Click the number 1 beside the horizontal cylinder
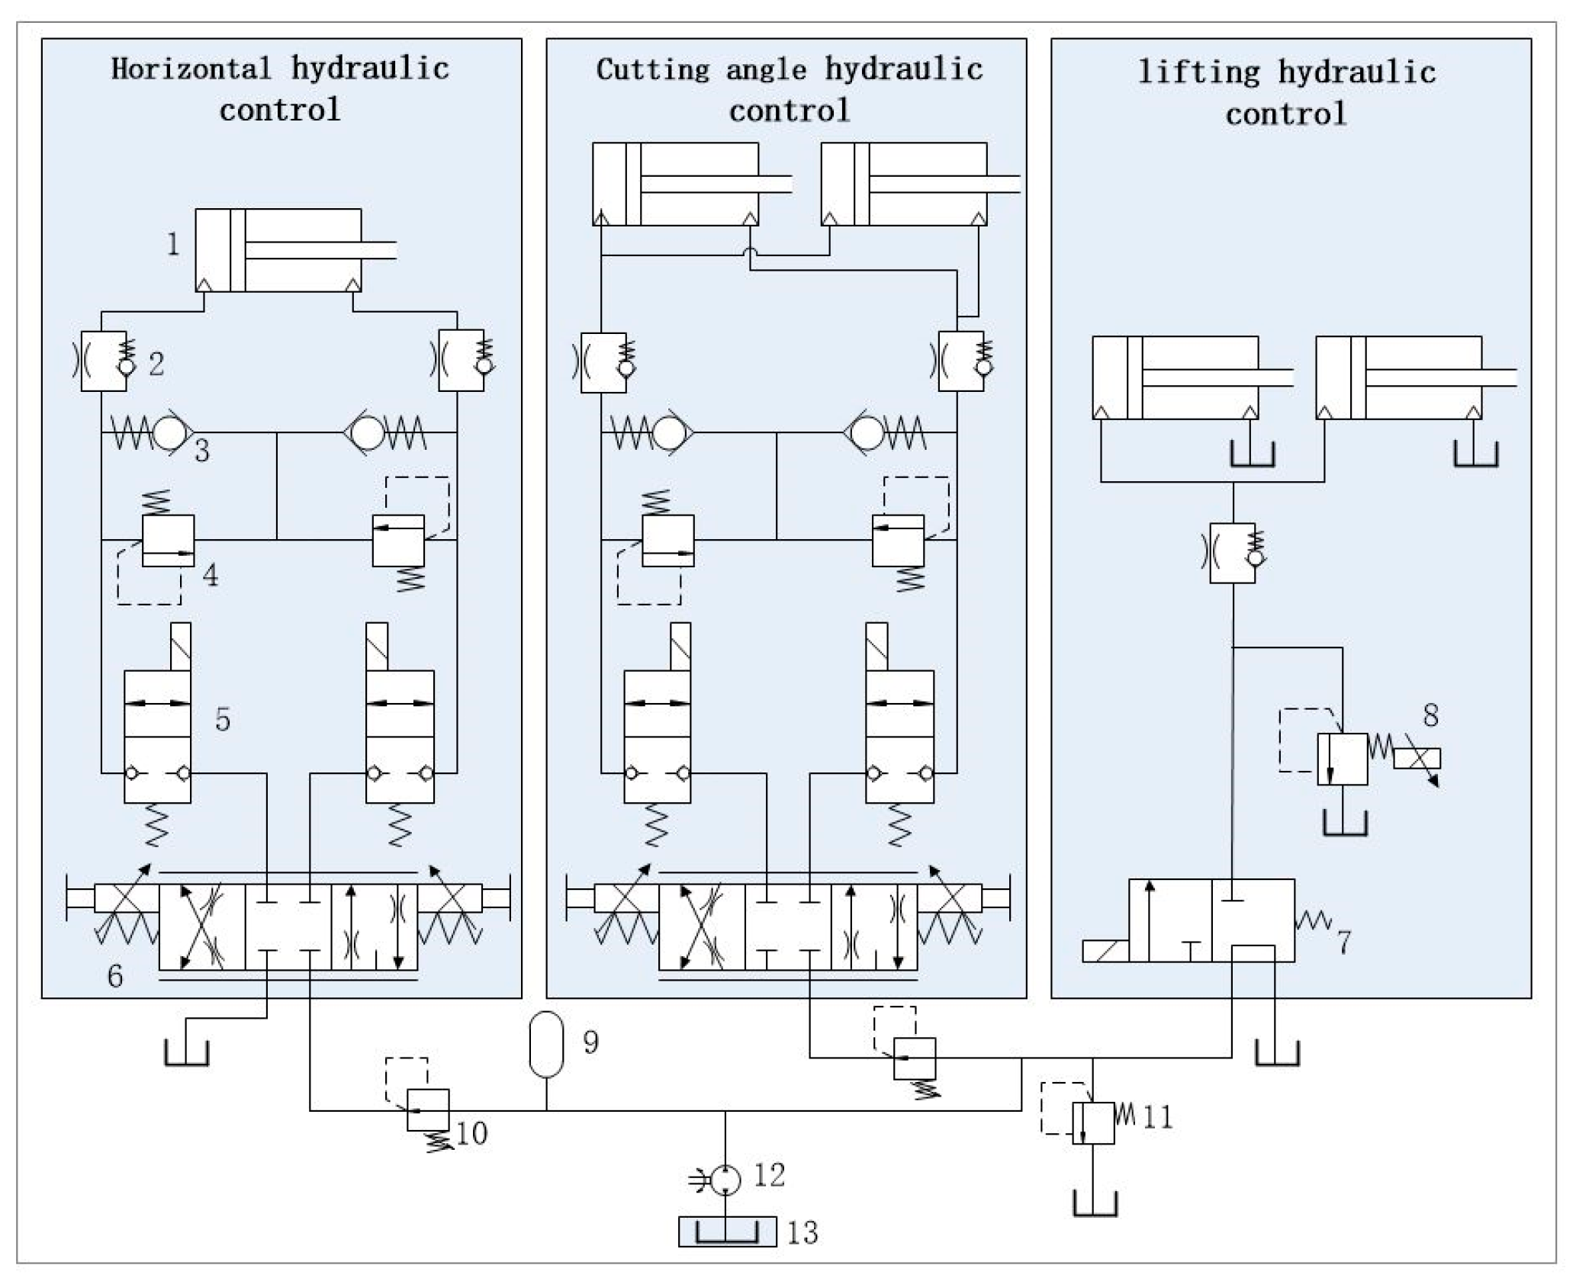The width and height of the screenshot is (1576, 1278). [x=174, y=245]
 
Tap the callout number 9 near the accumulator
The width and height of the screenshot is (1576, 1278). [x=590, y=1042]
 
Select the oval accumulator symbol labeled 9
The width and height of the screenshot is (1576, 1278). [x=546, y=1044]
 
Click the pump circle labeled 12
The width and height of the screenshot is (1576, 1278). [x=725, y=1180]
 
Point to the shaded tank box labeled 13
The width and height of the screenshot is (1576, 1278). [x=727, y=1231]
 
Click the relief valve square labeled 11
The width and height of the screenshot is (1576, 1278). [x=1093, y=1123]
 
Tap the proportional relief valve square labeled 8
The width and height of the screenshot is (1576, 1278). [x=1342, y=759]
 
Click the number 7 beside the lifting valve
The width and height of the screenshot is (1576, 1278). [x=1344, y=942]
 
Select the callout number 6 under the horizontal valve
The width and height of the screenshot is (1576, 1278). [x=115, y=977]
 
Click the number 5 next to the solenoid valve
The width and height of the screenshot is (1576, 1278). [x=223, y=719]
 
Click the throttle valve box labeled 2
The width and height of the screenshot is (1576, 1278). [x=104, y=361]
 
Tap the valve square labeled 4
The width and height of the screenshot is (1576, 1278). [x=169, y=541]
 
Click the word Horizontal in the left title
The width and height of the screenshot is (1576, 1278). [x=191, y=69]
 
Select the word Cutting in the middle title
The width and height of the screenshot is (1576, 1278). [x=653, y=70]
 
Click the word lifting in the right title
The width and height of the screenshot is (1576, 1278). [x=1200, y=73]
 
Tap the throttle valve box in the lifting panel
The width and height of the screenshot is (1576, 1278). [x=1233, y=553]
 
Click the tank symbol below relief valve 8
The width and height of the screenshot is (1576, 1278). [x=1344, y=824]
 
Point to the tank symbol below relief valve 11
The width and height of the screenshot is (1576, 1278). [x=1095, y=1204]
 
